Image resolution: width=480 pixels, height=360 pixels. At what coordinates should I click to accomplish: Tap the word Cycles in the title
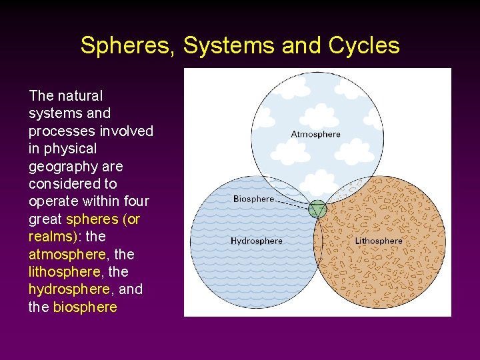pos(364,45)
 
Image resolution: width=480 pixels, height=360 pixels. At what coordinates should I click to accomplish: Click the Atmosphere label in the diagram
pos(315,134)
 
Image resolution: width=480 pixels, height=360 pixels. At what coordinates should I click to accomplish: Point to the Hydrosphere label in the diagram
pos(257,241)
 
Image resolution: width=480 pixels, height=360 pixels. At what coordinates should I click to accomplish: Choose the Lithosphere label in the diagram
pos(379,241)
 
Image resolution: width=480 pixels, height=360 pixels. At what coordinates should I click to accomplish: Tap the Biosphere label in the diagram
pos(254,199)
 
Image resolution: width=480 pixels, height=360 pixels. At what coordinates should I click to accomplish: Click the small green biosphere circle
pos(318,209)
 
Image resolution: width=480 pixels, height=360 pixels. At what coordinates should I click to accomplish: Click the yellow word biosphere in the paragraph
pos(85,307)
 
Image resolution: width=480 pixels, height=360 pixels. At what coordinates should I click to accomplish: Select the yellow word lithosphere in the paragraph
pos(65,272)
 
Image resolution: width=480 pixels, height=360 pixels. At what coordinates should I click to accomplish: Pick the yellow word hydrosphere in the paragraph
pos(69,289)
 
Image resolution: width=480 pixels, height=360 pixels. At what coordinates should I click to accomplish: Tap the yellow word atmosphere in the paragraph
pos(67,254)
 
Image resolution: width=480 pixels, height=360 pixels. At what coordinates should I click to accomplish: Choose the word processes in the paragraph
pos(58,131)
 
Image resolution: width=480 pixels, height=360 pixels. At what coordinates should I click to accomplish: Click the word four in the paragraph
pos(137,201)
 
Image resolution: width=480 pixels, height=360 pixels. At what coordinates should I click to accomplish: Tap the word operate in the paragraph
pos(53,201)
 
